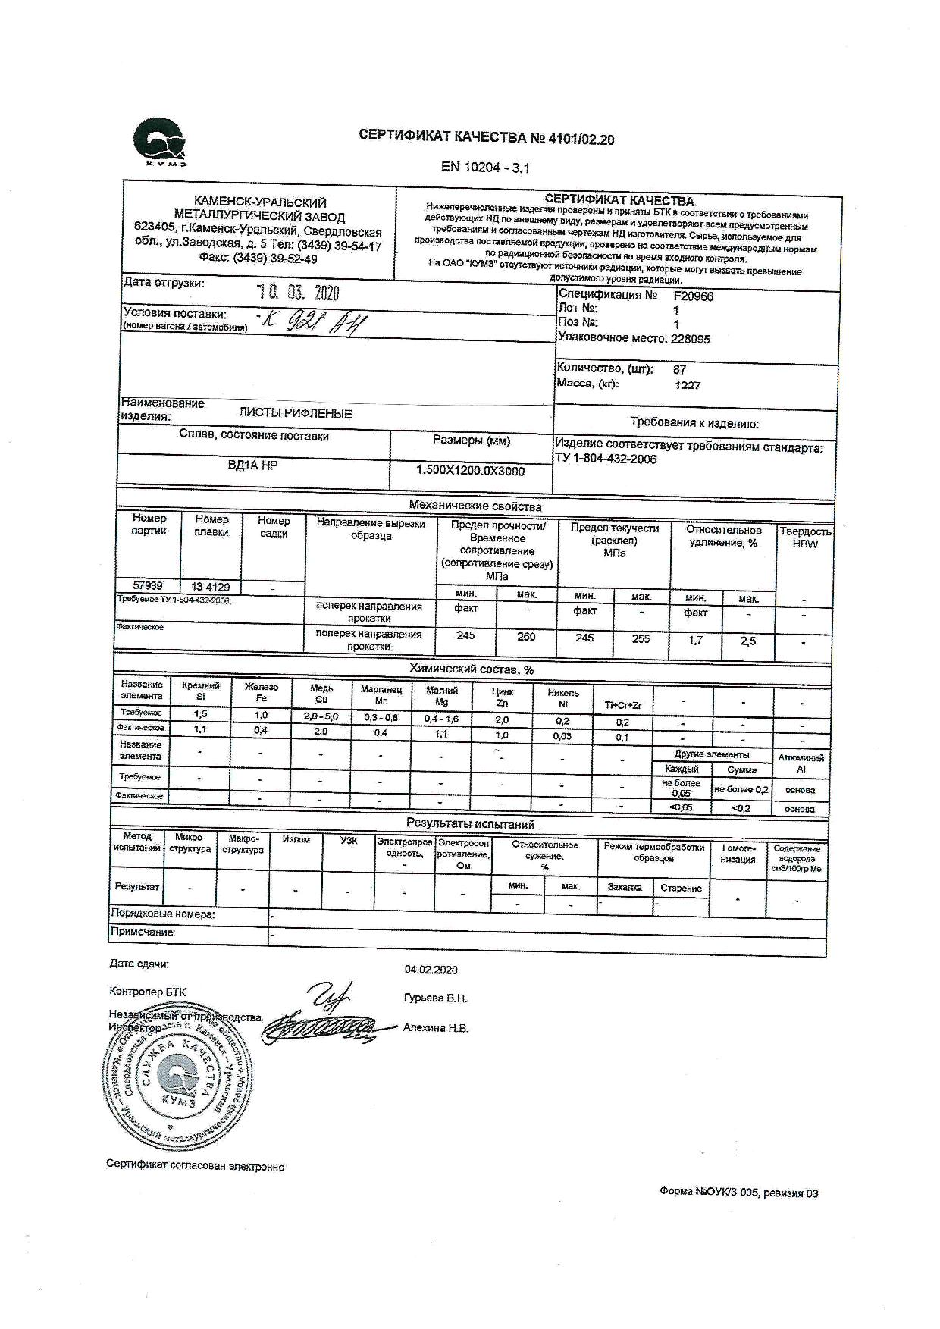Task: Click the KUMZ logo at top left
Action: coord(159,143)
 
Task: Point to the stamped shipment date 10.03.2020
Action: coord(298,293)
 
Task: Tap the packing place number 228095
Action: coord(690,339)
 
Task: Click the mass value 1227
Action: coord(687,385)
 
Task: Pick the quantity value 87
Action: coord(679,370)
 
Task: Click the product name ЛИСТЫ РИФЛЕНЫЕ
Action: coord(295,414)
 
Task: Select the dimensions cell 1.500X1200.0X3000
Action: coord(470,471)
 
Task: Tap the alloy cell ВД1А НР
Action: coord(252,465)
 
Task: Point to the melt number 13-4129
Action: coord(211,587)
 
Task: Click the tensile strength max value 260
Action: coord(526,637)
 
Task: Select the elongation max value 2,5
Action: coord(748,641)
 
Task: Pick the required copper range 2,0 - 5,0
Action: coord(321,716)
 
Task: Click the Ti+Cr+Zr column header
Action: coord(623,705)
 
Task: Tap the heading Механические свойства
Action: coord(475,506)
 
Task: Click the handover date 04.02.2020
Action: coord(431,970)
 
